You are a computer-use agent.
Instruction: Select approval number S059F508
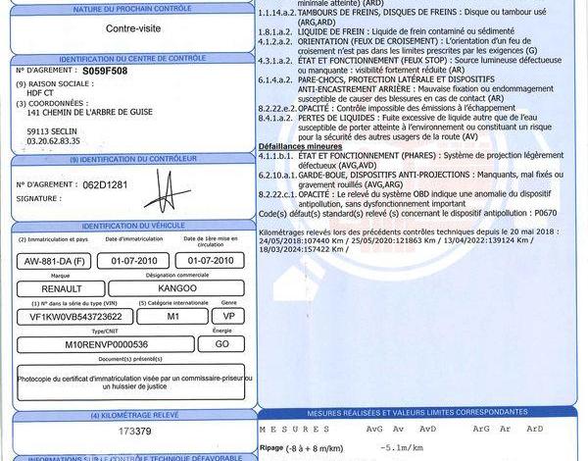[105, 72]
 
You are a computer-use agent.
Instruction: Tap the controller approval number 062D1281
[107, 184]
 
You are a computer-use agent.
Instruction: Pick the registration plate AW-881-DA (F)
[56, 260]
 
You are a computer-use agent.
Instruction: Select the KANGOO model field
[184, 289]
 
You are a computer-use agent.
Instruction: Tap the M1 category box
[172, 317]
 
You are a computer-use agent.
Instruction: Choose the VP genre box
[228, 317]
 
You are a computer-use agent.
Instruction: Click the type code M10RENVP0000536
[106, 345]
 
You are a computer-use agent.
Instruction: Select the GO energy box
[222, 345]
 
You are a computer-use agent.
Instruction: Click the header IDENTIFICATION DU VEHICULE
[134, 227]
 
